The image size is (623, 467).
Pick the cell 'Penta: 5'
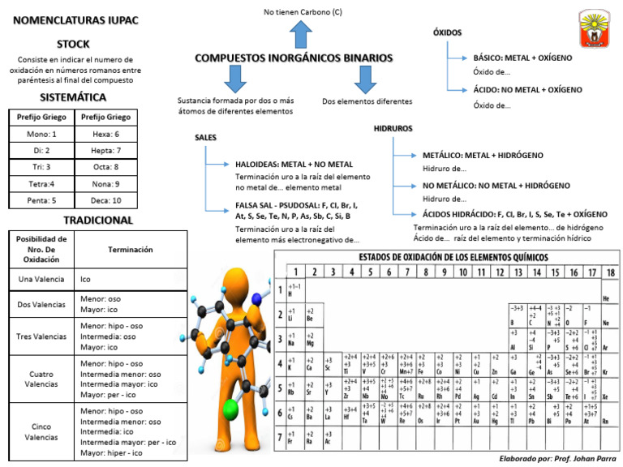pyautogui.click(x=41, y=199)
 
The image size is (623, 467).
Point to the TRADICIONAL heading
pyautogui.click(x=97, y=220)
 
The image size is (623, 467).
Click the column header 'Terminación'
pyautogui.click(x=131, y=250)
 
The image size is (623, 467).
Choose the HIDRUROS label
pyautogui.click(x=393, y=128)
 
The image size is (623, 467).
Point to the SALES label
pyautogui.click(x=205, y=138)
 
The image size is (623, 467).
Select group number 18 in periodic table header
pyautogui.click(x=610, y=272)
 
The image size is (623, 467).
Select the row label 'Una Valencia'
pyautogui.click(x=41, y=280)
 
